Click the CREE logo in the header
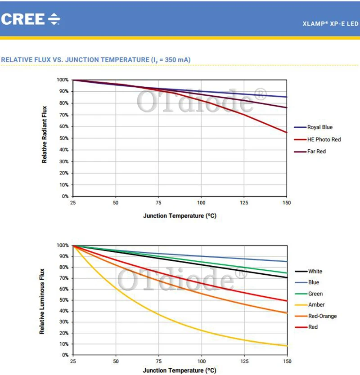31,19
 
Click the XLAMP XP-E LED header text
331,24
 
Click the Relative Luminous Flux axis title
42,301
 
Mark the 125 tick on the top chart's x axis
244,203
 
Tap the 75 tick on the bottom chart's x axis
158,361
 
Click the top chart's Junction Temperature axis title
180,216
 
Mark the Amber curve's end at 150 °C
287,346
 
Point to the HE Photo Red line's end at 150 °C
287,132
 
